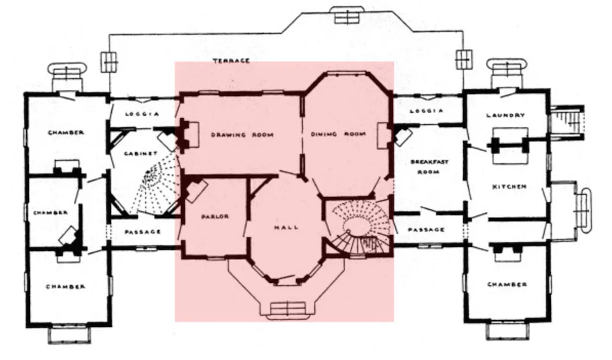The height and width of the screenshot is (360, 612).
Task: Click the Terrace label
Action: click(231, 61)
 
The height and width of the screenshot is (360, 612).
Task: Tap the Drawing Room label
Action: click(242, 135)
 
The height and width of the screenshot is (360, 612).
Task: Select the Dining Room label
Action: click(338, 134)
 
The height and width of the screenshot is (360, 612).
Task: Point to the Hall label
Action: click(286, 227)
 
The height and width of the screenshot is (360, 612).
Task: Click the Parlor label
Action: click(215, 217)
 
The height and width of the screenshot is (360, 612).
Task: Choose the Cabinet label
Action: click(141, 154)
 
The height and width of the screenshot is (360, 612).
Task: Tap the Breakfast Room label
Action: click(429, 167)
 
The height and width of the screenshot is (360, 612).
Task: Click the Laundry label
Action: click(506, 115)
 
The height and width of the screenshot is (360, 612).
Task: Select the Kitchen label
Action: click(509, 187)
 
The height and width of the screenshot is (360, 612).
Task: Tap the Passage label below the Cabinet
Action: click(143, 232)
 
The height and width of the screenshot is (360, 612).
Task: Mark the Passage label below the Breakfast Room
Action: click(426, 230)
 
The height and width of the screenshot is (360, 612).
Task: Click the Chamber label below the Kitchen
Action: click(507, 284)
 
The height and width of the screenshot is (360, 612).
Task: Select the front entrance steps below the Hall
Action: click(288, 309)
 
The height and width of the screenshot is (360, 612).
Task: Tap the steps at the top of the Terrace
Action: click(346, 16)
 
